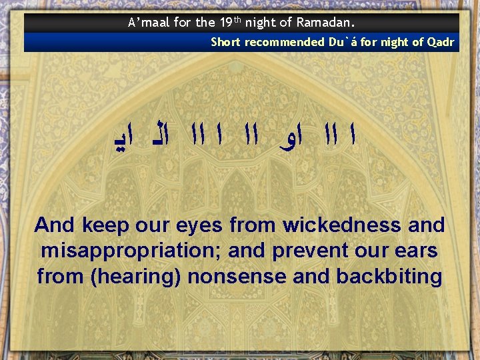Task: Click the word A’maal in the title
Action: pos(149,23)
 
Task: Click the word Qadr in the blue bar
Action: pos(441,42)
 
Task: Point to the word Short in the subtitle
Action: pos(225,42)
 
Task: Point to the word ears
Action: pos(419,251)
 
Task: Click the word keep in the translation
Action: pos(104,225)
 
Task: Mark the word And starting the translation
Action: pos(55,225)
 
